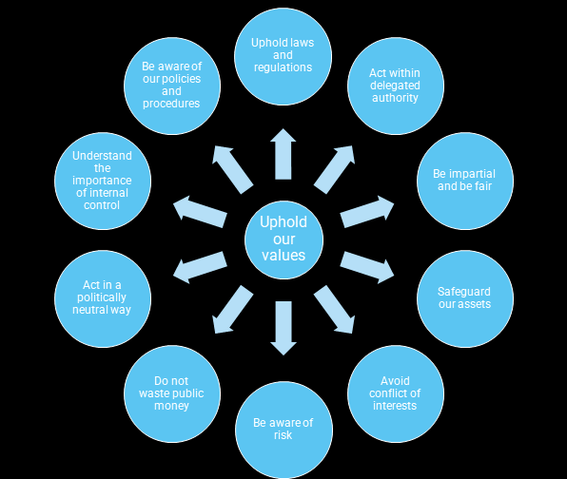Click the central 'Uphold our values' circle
pos(283,239)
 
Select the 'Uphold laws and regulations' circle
pos(283,56)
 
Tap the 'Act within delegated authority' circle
pos(396,86)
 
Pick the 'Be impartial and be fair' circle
pos(465,181)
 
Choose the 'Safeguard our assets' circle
pos(465,298)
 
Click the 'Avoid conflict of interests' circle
pos(396,393)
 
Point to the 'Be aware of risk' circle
pos(283,430)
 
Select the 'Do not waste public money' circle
pos(172,393)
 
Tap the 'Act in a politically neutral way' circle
pos(103,298)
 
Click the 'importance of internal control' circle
pos(103,181)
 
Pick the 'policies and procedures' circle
pos(172,86)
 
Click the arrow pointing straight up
pos(283,154)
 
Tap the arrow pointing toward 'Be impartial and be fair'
pos(367,212)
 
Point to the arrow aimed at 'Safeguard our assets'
pos(367,268)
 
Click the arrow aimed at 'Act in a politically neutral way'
pos(200,268)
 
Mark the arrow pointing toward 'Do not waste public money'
pos(232,310)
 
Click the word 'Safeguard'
pos(464,292)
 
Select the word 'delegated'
pos(395,86)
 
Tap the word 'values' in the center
pos(283,255)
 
